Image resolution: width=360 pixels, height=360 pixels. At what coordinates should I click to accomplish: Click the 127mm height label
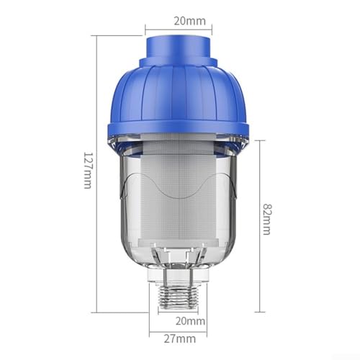(x=88, y=170)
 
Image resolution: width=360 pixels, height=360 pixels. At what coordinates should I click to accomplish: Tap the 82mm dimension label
(x=267, y=219)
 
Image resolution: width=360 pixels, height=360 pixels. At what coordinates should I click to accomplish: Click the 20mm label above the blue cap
(x=190, y=21)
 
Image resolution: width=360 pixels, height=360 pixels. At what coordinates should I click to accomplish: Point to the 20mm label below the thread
(x=190, y=321)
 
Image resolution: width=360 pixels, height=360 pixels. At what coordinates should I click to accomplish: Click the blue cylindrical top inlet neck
(x=179, y=48)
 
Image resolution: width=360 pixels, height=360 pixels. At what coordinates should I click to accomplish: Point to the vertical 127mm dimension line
(x=96, y=174)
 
